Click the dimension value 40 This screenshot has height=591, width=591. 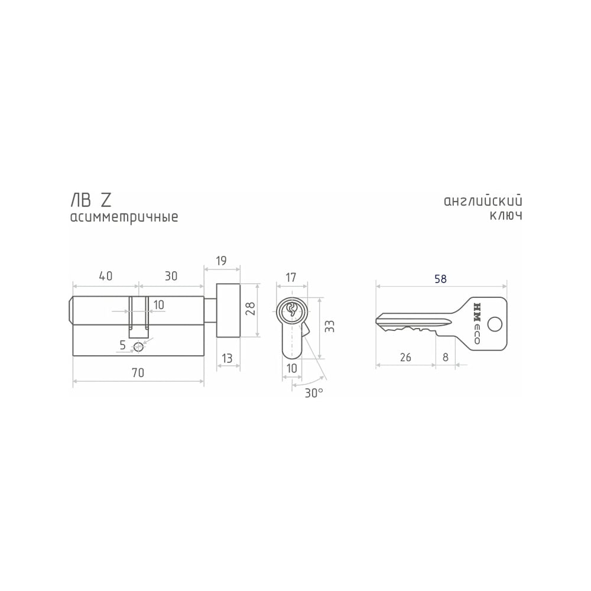click(x=106, y=276)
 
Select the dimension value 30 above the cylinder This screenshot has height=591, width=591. click(x=171, y=276)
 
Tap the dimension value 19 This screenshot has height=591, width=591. click(x=221, y=261)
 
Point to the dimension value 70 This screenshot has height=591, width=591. click(x=138, y=372)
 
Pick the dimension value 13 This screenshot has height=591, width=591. click(x=227, y=358)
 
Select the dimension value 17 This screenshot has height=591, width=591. click(x=291, y=277)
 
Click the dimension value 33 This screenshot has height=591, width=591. click(x=329, y=326)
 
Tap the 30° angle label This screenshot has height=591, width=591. click(x=314, y=393)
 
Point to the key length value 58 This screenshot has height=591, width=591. click(x=440, y=279)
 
